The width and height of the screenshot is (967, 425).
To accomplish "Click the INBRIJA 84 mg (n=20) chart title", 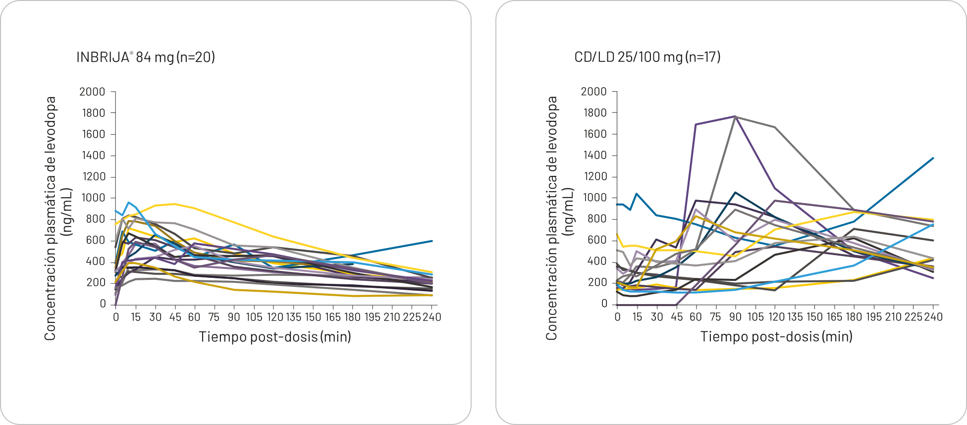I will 146,57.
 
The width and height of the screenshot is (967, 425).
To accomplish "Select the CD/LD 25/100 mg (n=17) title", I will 647,57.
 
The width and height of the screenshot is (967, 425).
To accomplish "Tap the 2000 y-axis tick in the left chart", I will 93,92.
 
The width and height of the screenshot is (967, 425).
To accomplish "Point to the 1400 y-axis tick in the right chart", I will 594,156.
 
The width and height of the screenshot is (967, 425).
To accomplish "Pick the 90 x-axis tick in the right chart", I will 736,317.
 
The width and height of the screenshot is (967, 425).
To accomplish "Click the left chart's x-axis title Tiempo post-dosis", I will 275,337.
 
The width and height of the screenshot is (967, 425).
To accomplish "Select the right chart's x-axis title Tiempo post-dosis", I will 776,337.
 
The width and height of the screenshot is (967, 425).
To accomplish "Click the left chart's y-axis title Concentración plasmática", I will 51,218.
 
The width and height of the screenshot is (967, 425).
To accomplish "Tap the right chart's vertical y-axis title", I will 552,218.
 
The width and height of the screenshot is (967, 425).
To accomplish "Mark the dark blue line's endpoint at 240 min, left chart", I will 432,241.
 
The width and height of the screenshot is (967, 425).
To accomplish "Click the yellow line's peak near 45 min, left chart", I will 174,204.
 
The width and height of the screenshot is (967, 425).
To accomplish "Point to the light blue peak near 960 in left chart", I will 129,202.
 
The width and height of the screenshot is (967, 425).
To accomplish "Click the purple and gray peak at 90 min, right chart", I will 735,116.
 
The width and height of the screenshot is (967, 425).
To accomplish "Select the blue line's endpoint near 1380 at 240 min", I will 933,158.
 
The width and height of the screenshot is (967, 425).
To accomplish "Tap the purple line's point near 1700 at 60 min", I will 696,124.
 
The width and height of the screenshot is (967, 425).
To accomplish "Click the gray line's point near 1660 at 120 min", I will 775,127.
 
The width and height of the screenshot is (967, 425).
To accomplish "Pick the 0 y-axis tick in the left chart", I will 103,304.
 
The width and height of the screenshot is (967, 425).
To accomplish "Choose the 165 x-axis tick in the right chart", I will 834,317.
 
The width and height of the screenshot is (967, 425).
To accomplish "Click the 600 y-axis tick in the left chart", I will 96,240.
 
